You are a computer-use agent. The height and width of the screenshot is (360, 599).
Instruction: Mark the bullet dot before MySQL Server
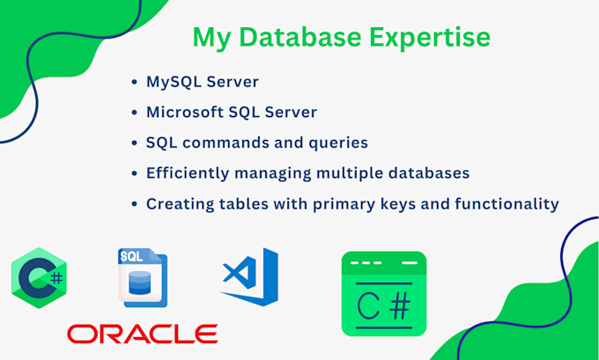(x=133, y=83)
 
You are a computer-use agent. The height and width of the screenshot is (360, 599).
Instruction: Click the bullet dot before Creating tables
(x=133, y=204)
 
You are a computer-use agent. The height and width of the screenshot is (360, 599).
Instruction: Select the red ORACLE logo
(x=143, y=334)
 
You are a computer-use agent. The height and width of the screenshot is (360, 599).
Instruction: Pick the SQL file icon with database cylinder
(x=142, y=277)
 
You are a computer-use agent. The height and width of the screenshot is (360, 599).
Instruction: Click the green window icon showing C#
(x=383, y=294)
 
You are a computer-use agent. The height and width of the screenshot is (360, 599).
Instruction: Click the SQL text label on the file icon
(x=131, y=256)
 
